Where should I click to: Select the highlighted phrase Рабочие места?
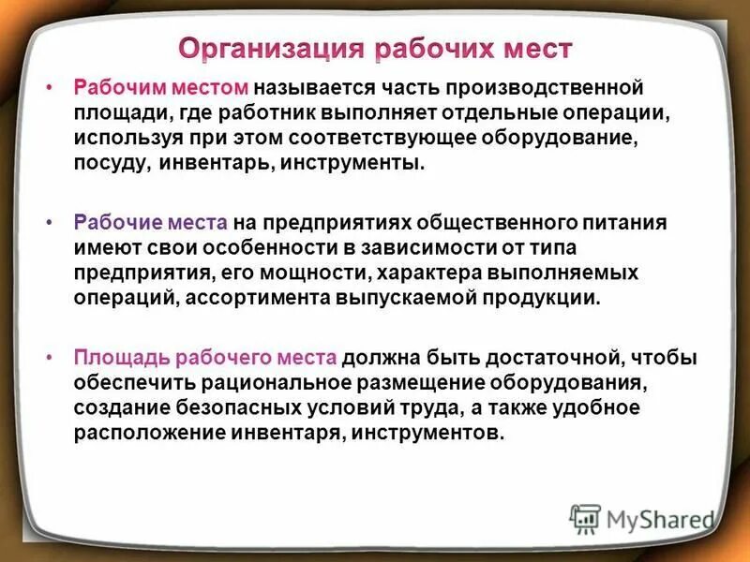(x=149, y=223)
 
